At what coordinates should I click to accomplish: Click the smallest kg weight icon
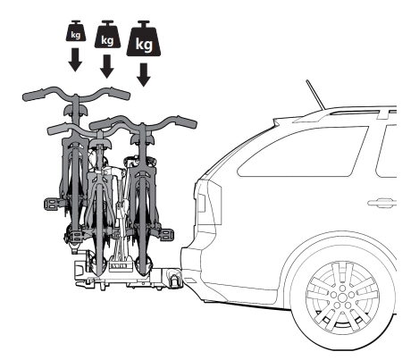(76, 31)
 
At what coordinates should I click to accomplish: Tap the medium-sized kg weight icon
(107, 35)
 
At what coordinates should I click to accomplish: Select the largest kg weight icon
(144, 39)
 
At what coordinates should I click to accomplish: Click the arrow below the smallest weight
(75, 59)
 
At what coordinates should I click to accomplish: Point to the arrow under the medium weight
(106, 66)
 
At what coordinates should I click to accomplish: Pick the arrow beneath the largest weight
(144, 74)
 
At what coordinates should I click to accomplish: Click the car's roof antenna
(315, 95)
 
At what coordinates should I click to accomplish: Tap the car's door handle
(381, 203)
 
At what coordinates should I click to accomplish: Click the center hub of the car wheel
(342, 297)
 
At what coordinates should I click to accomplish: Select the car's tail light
(202, 203)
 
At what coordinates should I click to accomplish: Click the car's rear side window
(302, 151)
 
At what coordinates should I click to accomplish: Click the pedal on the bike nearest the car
(167, 234)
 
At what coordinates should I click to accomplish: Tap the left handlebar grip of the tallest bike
(33, 95)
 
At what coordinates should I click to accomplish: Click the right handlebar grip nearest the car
(186, 122)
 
